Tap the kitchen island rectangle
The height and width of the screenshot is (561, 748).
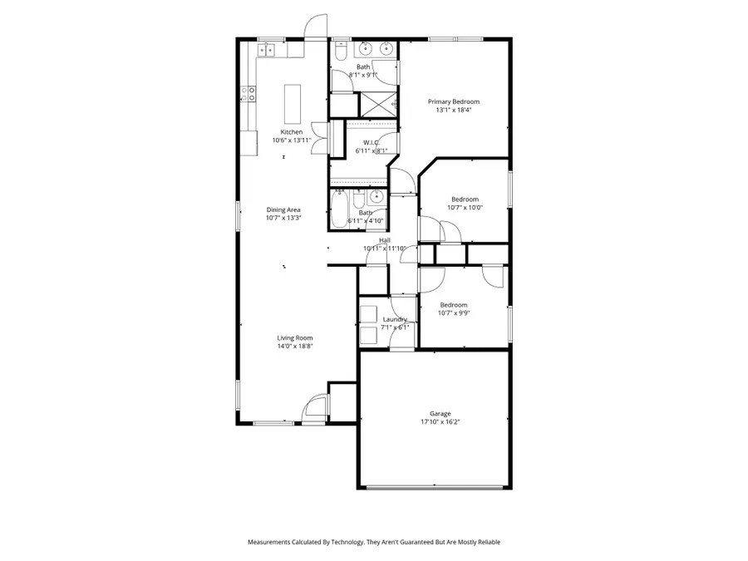(292, 101)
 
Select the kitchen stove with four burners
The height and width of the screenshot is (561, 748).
(249, 94)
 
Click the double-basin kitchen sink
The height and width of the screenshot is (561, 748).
(268, 51)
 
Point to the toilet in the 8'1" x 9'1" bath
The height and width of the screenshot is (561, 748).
(341, 52)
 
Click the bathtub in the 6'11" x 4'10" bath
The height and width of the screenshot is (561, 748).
(340, 209)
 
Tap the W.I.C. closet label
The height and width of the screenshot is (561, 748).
(371, 142)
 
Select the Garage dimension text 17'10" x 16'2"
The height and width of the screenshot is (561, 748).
(440, 422)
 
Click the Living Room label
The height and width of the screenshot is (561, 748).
(294, 337)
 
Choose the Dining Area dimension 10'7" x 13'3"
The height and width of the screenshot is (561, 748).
(283, 219)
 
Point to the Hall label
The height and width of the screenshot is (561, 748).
(385, 240)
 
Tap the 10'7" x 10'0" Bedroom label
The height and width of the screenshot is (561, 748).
(465, 199)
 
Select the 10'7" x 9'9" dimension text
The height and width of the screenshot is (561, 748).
(453, 313)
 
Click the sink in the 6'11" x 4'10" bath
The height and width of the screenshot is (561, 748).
(376, 197)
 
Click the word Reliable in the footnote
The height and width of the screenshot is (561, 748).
(486, 542)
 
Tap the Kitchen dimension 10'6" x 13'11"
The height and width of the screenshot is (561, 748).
(291, 140)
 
